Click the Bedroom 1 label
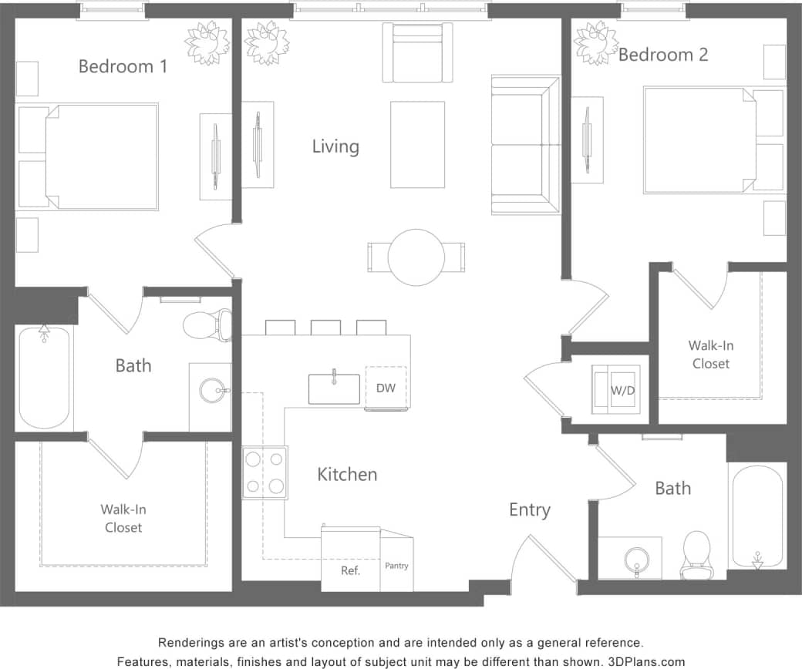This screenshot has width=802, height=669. (x=123, y=66)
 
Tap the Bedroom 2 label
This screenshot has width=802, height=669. (x=663, y=55)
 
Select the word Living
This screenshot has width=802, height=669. (x=335, y=146)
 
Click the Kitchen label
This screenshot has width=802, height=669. (x=347, y=474)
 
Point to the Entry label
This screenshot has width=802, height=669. (x=529, y=509)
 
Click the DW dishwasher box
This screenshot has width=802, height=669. (x=386, y=388)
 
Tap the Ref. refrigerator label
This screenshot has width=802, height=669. (x=350, y=570)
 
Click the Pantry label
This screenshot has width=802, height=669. (x=396, y=566)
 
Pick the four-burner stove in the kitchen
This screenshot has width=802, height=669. (x=265, y=472)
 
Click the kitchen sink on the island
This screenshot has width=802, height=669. (x=334, y=388)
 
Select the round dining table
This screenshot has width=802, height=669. (x=416, y=257)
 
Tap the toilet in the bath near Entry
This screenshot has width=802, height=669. (x=696, y=553)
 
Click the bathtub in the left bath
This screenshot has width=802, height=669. (x=45, y=378)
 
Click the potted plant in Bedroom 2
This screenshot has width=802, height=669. (x=596, y=42)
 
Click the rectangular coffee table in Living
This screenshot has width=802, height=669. (x=417, y=144)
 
